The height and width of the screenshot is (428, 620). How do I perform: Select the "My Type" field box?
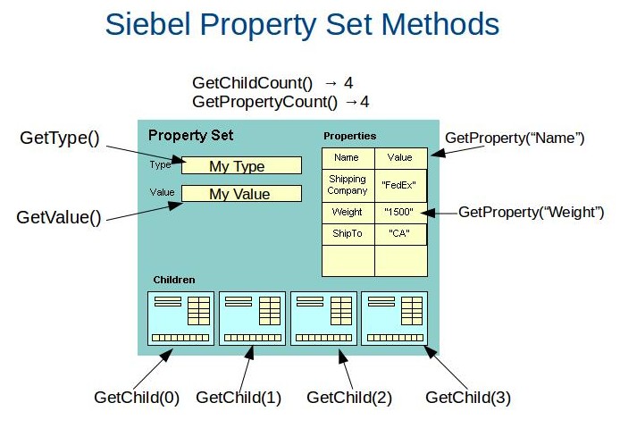coord(240,165)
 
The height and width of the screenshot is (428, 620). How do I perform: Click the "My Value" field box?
coord(240,194)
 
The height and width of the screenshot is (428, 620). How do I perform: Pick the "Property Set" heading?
coord(190,136)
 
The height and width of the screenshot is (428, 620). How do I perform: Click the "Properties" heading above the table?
coord(349,136)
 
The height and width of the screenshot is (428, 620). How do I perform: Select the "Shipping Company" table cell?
coord(348,185)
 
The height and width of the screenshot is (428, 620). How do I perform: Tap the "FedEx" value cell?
coord(400,185)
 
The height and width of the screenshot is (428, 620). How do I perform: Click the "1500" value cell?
coord(400,213)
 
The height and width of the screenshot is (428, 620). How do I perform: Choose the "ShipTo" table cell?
coord(348,232)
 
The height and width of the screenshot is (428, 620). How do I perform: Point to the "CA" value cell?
coord(400,232)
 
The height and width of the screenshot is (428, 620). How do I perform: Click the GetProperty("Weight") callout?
coord(532,212)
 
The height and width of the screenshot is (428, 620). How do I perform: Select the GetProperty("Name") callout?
coord(514,138)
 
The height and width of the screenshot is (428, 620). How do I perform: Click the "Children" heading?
coord(174,280)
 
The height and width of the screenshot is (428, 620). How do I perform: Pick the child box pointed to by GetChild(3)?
coord(394,318)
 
